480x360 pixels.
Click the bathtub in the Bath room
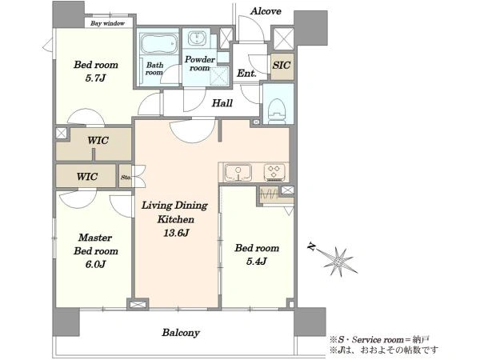[x=159, y=43]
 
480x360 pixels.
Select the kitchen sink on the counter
[x=238, y=173]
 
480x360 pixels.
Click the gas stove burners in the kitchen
[x=274, y=173]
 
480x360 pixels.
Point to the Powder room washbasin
[x=196, y=38]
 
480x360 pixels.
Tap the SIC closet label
[x=282, y=66]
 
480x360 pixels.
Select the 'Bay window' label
[x=107, y=23]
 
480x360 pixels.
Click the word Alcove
[x=266, y=11]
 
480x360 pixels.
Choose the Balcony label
[x=181, y=333]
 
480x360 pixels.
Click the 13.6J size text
[x=176, y=233]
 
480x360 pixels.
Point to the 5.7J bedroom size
[x=95, y=78]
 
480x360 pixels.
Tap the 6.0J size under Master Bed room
[x=95, y=264]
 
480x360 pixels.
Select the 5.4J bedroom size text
[x=257, y=261]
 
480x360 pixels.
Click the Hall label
[x=222, y=103]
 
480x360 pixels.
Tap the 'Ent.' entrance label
[x=246, y=73]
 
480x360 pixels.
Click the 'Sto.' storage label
[x=126, y=178]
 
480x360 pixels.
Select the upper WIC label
[x=98, y=141]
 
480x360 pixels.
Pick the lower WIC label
[x=87, y=177]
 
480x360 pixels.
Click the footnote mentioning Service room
[x=379, y=339]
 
